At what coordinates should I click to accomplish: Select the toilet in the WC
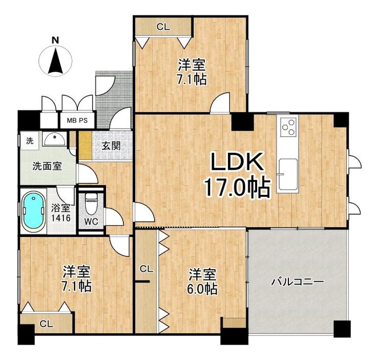point(91,204)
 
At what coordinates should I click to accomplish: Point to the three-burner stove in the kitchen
point(288,127)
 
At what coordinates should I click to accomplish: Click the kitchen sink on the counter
point(287,168)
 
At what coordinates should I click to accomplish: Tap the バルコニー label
point(297,282)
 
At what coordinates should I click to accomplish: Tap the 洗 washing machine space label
point(29,141)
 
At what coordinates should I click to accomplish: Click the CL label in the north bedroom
point(163,27)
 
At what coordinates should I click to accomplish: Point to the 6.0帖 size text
point(202,289)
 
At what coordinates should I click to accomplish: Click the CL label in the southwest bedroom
point(46,324)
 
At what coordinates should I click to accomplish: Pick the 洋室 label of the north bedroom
point(192,65)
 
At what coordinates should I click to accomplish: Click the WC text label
point(91,222)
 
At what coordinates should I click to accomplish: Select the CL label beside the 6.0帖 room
point(146,269)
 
